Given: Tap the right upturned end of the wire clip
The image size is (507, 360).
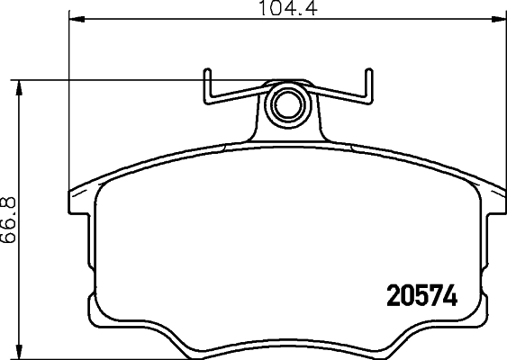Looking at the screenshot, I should click(367, 81).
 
